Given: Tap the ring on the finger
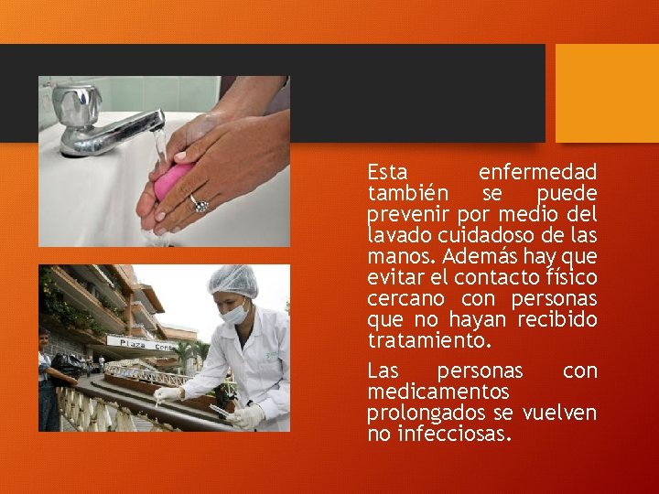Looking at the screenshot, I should (199, 203).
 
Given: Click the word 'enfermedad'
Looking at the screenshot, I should (537, 172).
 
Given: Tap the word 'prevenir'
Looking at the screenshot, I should (402, 215).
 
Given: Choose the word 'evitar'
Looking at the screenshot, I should (395, 278).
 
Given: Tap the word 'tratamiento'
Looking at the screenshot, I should (427, 340).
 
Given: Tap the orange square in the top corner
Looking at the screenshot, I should (607, 92).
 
